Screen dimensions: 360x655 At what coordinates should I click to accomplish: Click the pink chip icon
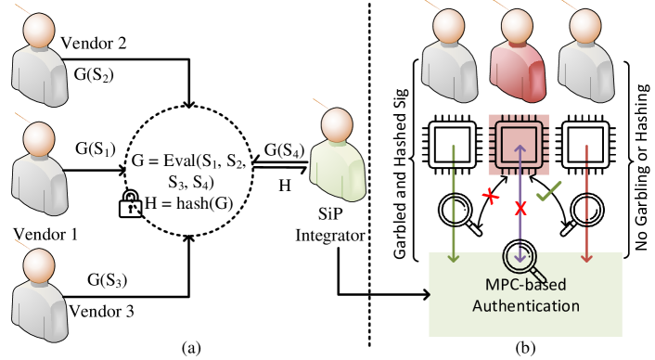pos(519,144)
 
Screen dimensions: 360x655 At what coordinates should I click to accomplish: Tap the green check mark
pos(549,192)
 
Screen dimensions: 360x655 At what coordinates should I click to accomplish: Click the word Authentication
pos(525,305)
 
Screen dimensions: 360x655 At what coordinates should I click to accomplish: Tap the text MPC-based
pos(525,284)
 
